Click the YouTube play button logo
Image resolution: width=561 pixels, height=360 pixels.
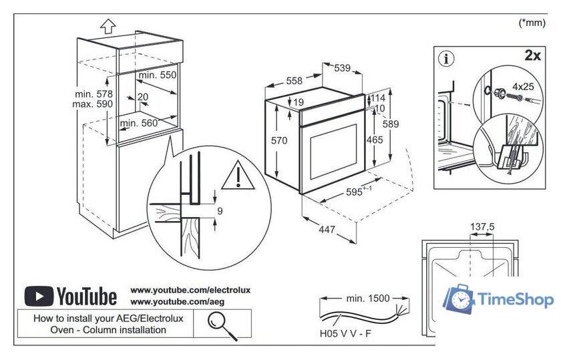(x=39, y=296)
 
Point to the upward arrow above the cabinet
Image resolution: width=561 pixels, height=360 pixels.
(x=108, y=26)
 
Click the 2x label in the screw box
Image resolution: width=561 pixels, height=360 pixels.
(x=532, y=55)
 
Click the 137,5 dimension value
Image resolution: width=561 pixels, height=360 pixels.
(x=482, y=227)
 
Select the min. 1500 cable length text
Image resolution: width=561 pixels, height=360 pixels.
(x=367, y=298)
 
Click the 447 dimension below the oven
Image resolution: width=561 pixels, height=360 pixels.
(x=327, y=230)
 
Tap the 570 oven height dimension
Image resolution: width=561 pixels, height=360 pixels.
(x=279, y=141)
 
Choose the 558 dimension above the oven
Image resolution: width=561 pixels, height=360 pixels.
(x=294, y=81)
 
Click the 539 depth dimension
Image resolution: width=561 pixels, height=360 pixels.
(x=342, y=67)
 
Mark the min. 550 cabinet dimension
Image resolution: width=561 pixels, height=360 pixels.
(x=158, y=75)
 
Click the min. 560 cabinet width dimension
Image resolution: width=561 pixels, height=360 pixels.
(x=139, y=123)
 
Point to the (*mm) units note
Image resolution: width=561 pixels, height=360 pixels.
(x=532, y=23)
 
